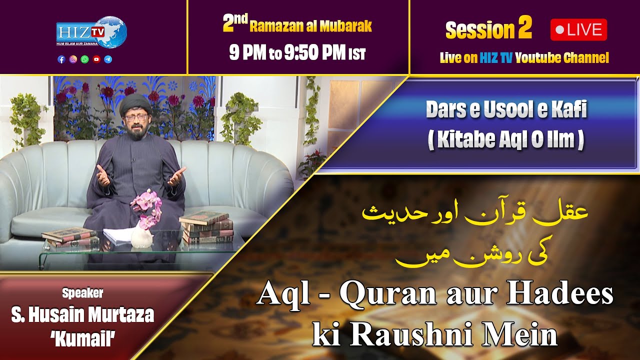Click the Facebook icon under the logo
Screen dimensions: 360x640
pos(61,59)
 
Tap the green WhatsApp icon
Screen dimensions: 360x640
pos(84,59)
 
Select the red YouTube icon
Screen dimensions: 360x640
pos(96,59)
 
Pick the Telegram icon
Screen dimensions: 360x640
pos(108,59)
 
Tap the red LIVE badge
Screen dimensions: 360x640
pos(578,30)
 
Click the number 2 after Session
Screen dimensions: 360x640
pos(524,29)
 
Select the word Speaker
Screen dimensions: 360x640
pos(82,293)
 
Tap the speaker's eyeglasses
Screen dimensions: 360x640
pos(135,118)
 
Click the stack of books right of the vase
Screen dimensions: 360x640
pos(206,227)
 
